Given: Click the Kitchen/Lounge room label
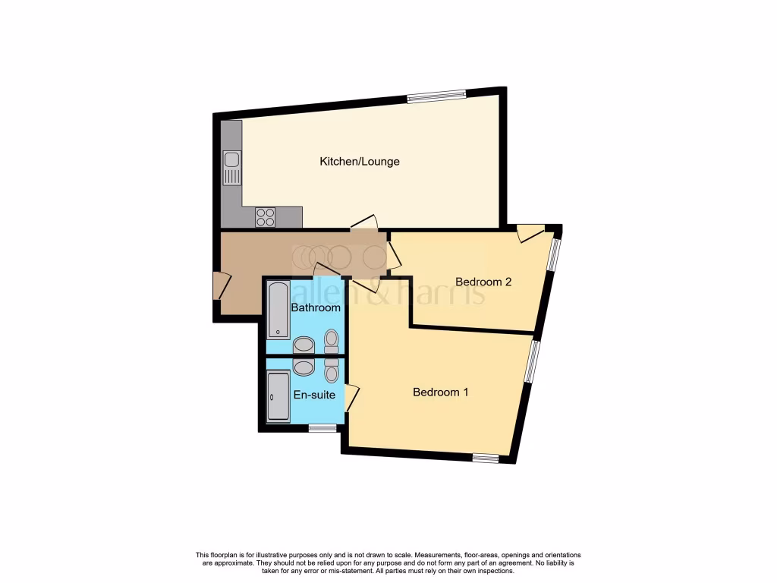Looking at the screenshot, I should tap(359, 162).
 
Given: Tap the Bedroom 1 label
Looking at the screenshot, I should tap(440, 392).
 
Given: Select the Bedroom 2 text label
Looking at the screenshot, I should tap(483, 282).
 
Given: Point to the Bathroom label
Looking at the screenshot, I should tap(316, 308).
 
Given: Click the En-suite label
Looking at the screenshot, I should tap(315, 395).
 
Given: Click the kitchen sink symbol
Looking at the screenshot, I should tap(232, 168).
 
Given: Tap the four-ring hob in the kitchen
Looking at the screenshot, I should tap(266, 217).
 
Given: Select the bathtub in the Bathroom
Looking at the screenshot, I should tap(278, 310).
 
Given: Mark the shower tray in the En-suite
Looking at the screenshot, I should tap(278, 396).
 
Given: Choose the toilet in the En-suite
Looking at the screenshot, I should tap(332, 369).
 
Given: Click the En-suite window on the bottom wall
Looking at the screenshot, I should tap(322, 428).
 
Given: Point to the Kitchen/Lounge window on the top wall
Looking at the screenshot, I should tap(436, 96).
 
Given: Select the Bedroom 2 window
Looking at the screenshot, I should tap(554, 254).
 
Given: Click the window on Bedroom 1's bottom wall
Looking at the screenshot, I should tap(485, 457).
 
